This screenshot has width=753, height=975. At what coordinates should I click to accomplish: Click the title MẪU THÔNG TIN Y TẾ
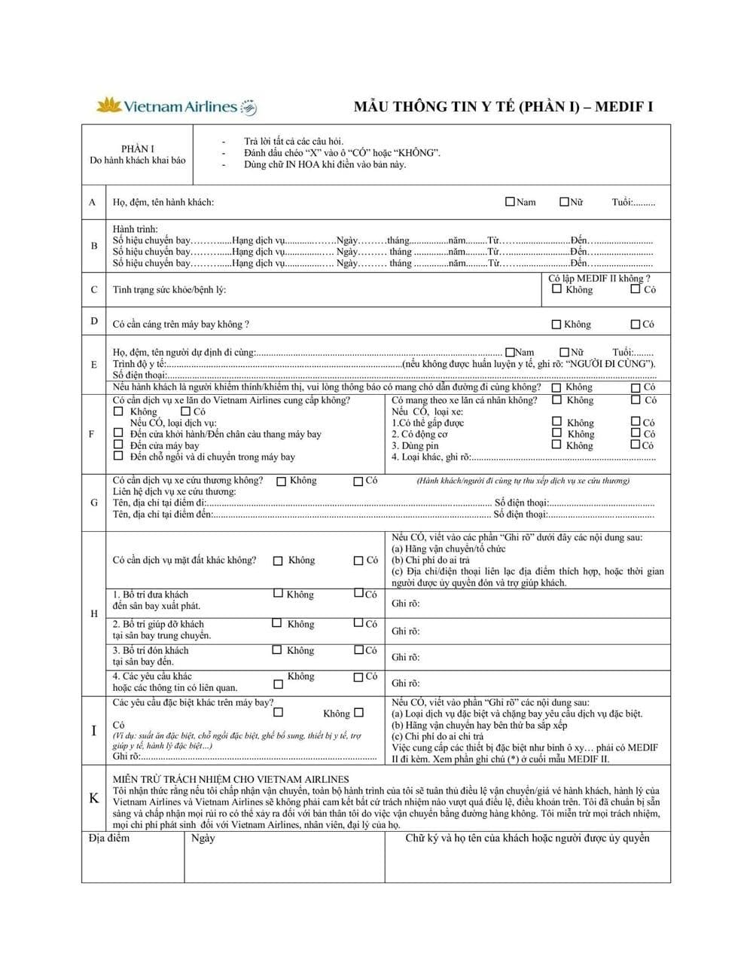(x=503, y=106)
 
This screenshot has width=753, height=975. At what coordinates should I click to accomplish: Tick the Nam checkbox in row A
(x=510, y=202)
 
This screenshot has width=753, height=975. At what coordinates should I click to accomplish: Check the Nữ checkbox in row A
(x=564, y=202)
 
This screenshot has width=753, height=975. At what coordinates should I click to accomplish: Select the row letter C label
(x=93, y=289)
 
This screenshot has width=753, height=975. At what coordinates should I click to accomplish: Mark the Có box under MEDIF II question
(x=636, y=289)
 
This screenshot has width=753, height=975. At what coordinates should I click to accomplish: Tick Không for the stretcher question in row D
(x=556, y=325)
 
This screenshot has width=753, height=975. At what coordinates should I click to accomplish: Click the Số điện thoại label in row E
(x=139, y=375)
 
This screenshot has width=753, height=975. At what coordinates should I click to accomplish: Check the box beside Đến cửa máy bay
(x=118, y=445)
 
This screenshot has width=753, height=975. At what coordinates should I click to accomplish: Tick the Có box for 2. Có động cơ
(x=636, y=433)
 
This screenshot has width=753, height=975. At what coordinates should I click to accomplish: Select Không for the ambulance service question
(x=282, y=481)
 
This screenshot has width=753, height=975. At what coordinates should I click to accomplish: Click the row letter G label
(x=93, y=503)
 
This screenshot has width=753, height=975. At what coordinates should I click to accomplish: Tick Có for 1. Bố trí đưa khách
(x=359, y=594)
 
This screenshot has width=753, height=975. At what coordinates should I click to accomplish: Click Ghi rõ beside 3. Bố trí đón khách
(x=405, y=657)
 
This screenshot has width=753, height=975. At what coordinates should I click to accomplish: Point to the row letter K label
(x=94, y=798)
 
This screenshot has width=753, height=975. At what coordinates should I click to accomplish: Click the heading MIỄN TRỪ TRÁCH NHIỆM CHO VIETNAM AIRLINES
(x=230, y=779)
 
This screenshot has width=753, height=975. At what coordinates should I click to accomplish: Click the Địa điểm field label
(x=108, y=839)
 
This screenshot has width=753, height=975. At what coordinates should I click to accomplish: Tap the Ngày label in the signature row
(x=203, y=839)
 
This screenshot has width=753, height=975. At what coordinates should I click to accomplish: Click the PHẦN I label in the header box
(x=137, y=149)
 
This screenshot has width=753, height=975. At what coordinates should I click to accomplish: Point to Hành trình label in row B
(x=136, y=229)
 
